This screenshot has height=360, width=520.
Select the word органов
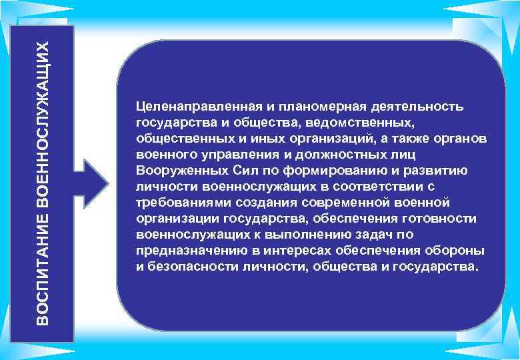(463, 139)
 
